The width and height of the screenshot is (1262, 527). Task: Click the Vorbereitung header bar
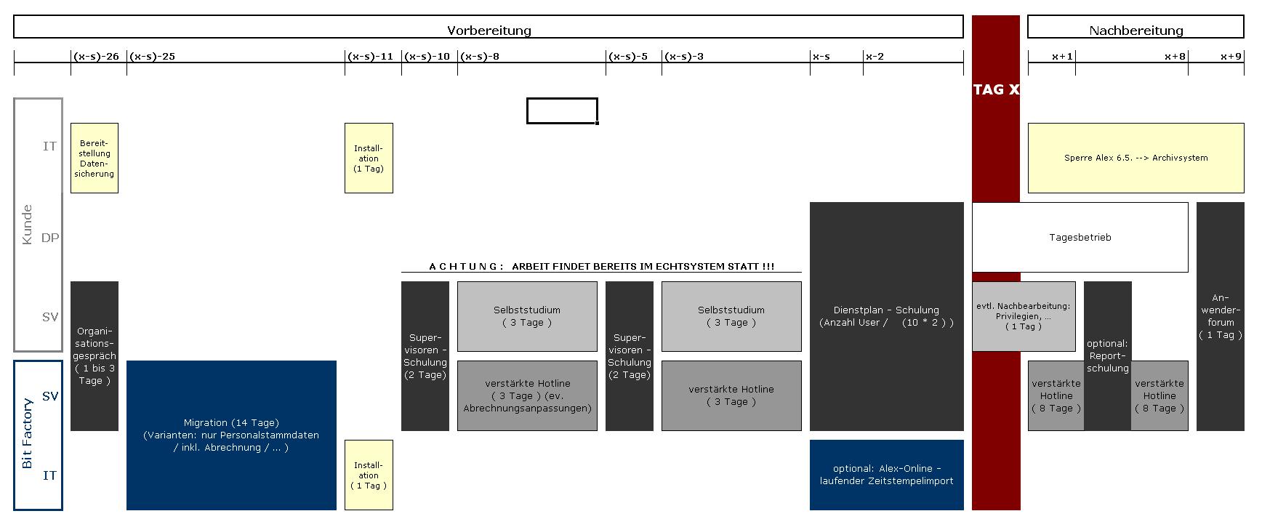pos(489,28)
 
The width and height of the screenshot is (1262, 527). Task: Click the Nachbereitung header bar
pos(1136,28)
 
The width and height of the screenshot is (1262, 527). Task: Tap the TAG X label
pos(996,89)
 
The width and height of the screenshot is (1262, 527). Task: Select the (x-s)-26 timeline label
pos(96,57)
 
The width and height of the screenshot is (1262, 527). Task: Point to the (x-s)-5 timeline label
pos(629,57)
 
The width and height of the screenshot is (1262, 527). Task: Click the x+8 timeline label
pos(1175,57)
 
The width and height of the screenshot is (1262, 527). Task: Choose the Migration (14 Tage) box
pos(231,435)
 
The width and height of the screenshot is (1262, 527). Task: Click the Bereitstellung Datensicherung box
pos(95,158)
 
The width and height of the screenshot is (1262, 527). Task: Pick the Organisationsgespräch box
pos(95,356)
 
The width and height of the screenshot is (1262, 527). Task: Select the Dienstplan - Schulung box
pos(886,316)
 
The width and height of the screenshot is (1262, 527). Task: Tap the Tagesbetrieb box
pos(1080,237)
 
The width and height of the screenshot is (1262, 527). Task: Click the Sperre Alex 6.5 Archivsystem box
pos(1136,158)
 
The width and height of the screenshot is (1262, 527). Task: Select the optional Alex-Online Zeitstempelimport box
pos(886,475)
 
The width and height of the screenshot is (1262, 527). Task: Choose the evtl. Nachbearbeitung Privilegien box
pos(1023,316)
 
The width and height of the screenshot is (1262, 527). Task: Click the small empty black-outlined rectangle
pos(562,111)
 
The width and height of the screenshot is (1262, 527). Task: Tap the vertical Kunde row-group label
pos(28,225)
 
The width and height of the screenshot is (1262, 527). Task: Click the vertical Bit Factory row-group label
pos(28,434)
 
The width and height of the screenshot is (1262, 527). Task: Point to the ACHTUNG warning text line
pos(601,267)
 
